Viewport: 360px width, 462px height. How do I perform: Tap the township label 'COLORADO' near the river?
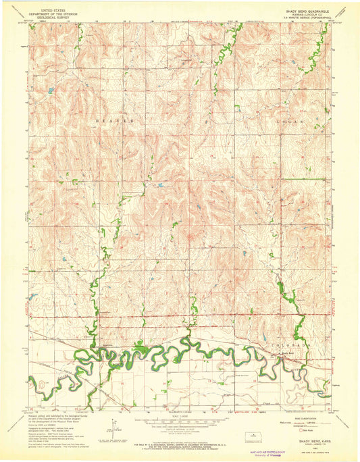coord(292,344)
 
